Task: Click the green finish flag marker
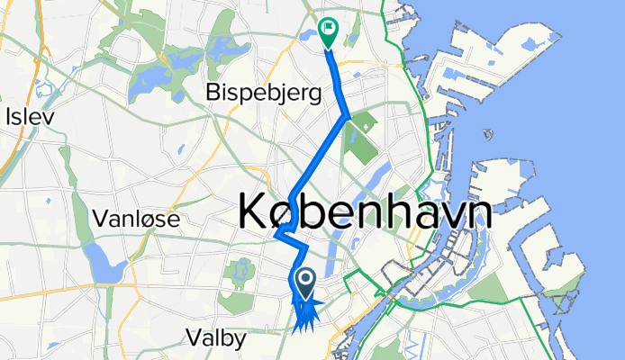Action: coord(327,31)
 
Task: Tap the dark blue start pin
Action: coord(305,283)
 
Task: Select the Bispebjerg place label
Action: coord(264,92)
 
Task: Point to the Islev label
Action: coord(30,116)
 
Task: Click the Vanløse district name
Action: coord(137,218)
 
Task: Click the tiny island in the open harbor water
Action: coord(488,136)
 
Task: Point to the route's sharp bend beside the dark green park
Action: coord(349,116)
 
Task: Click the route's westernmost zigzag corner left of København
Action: coord(276,237)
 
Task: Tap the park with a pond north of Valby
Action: coord(240,270)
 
